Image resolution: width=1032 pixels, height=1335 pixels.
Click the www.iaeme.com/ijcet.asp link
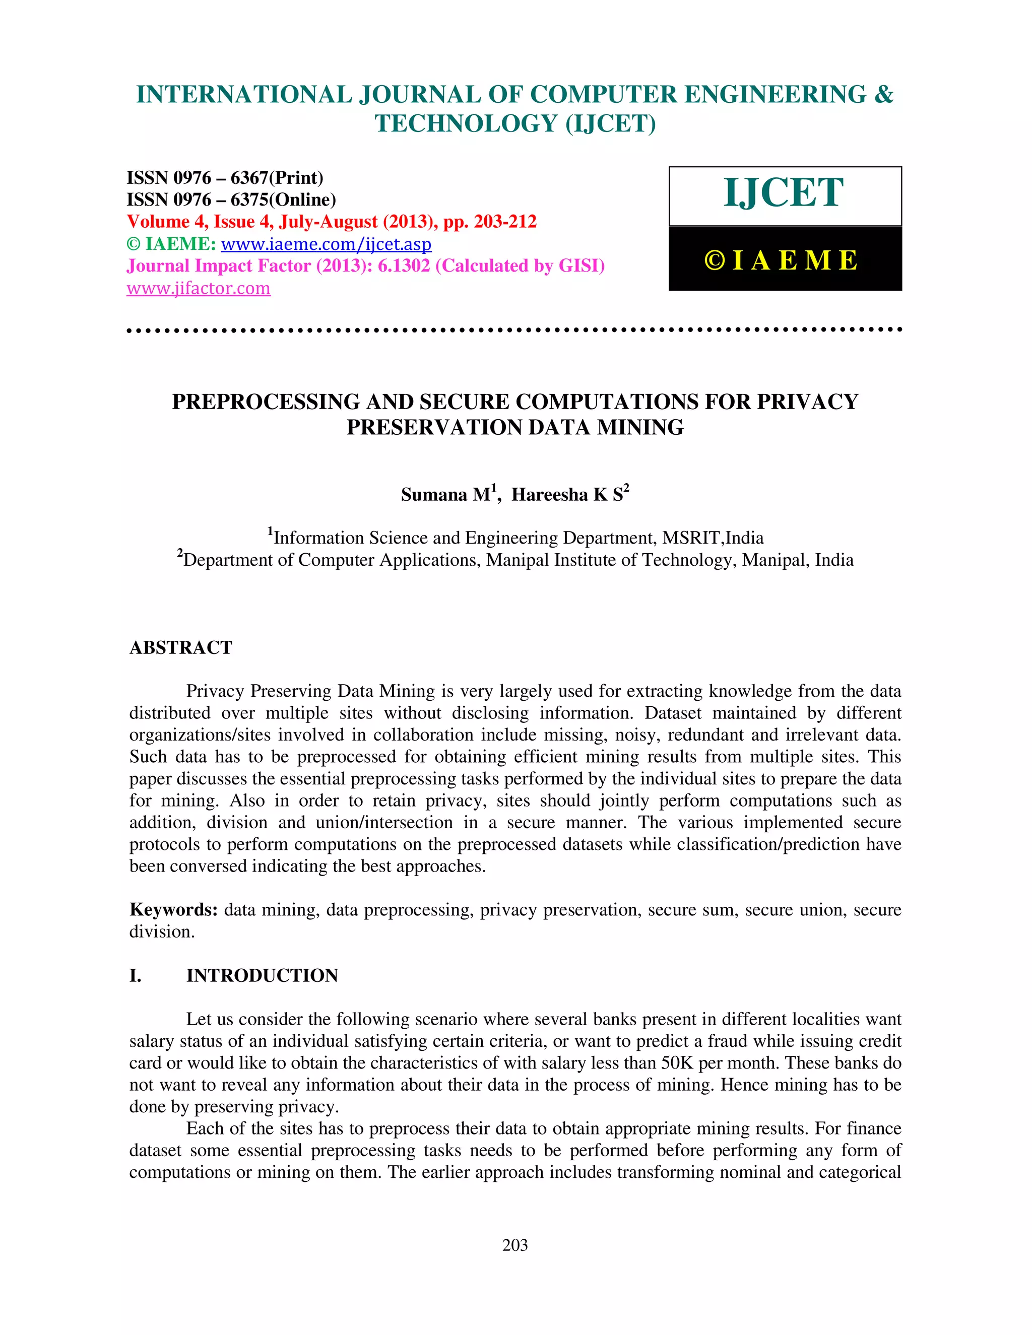(x=326, y=244)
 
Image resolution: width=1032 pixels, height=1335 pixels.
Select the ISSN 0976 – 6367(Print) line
(x=224, y=178)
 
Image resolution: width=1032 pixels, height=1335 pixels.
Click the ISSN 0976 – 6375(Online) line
(x=231, y=200)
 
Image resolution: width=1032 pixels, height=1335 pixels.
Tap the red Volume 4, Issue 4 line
(x=332, y=221)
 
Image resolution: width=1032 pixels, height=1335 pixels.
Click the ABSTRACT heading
(x=180, y=647)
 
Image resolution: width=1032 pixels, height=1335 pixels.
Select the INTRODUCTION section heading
(x=262, y=976)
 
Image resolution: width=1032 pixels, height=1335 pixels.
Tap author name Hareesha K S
(x=567, y=495)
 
